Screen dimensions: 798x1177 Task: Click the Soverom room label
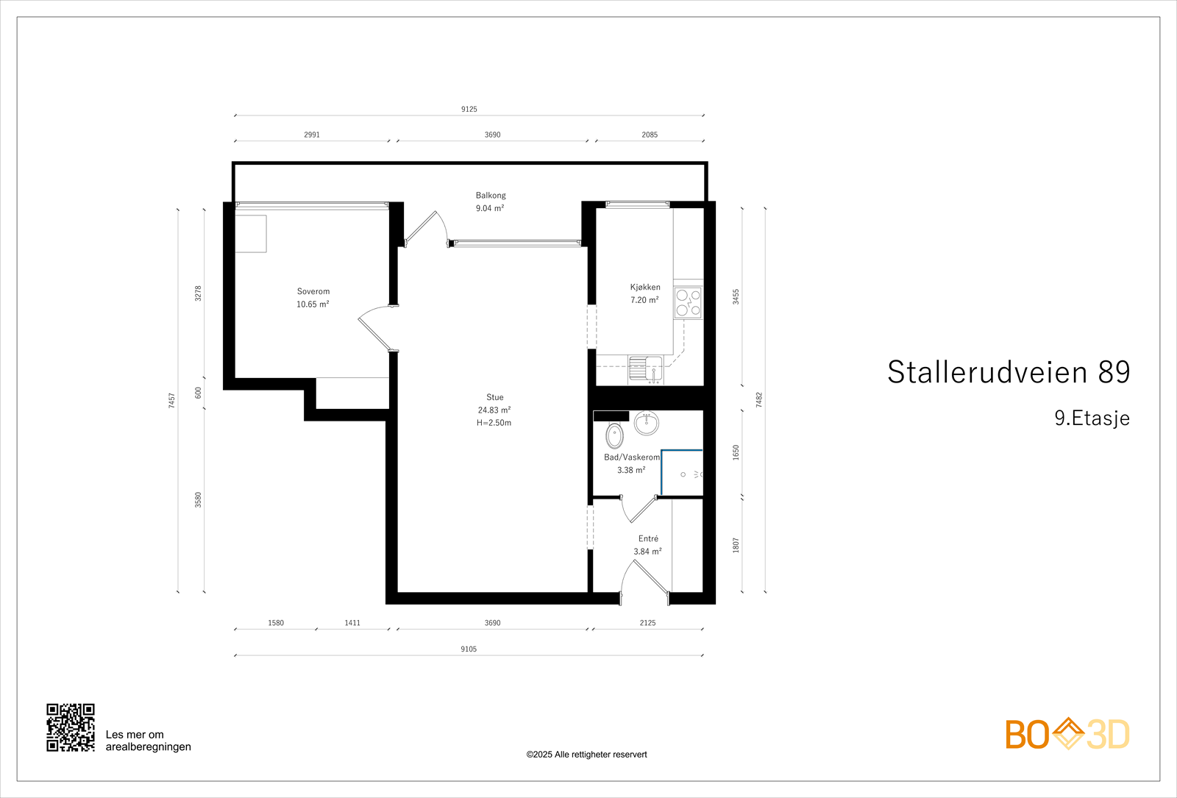pos(313,291)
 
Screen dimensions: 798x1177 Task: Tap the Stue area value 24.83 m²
pos(494,410)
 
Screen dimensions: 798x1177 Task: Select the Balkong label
pos(491,196)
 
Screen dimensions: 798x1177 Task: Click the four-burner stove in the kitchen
pos(688,303)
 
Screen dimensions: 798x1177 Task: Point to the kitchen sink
pos(646,368)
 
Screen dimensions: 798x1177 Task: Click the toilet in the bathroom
pos(614,435)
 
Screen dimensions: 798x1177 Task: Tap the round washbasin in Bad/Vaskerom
pos(647,423)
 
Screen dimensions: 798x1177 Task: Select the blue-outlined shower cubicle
pos(682,472)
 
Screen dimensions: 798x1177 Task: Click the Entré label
pos(648,538)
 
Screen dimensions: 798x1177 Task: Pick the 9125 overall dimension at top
pos(469,109)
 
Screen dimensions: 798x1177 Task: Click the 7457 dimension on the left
pos(172,400)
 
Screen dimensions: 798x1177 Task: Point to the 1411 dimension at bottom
pos(352,623)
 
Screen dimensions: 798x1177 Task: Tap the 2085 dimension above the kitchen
pos(650,135)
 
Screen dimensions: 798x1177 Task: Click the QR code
pos(71,727)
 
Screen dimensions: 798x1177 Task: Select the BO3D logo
pos(1067,734)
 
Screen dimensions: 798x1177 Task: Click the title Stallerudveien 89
pos(1008,372)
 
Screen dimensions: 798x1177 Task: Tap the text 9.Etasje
pos(1092,418)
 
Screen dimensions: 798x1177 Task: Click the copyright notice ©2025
pos(586,755)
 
